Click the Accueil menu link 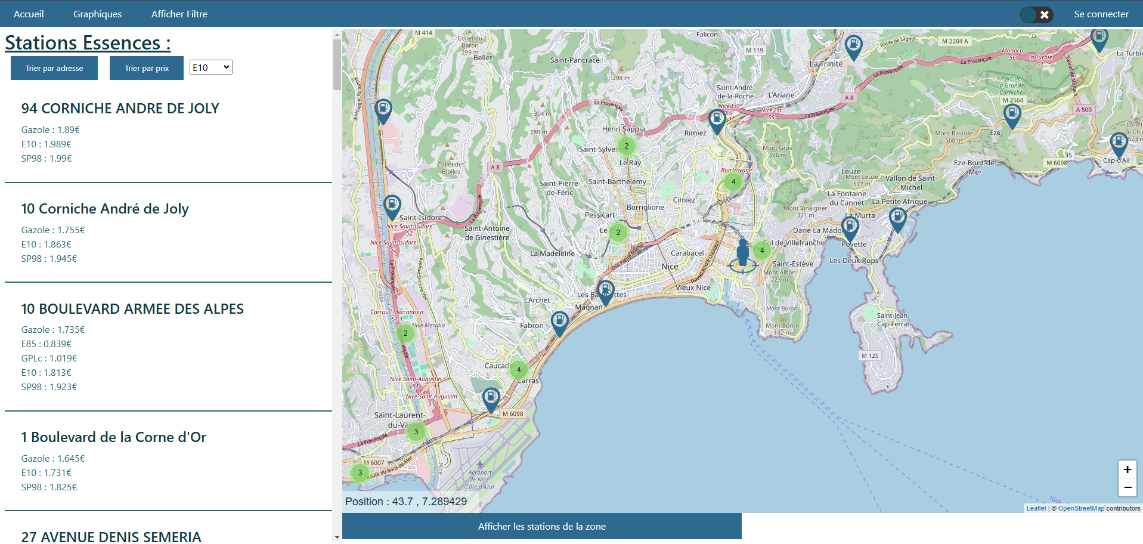[29, 14]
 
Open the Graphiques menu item [97, 14]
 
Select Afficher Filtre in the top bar [179, 14]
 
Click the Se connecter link [1101, 14]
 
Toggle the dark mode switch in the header [1036, 14]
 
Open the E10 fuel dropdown [210, 67]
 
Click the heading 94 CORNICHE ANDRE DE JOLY [120, 109]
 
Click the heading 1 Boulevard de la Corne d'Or [113, 437]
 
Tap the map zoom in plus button [1127, 469]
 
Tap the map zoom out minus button [1127, 487]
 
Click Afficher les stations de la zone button [541, 526]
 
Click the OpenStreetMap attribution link [1080, 508]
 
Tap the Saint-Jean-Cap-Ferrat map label [893, 320]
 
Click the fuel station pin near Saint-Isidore [392, 206]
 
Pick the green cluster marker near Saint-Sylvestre [626, 146]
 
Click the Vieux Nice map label [693, 288]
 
